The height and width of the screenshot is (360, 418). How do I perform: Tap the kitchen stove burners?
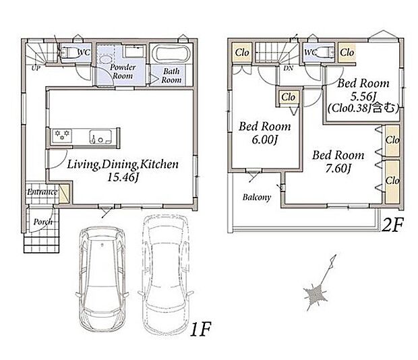coord(62,135)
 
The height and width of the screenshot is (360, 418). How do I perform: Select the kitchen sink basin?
coord(100,136)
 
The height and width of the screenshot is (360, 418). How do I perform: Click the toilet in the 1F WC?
coord(68,53)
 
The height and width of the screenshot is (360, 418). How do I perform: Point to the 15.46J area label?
coord(123,178)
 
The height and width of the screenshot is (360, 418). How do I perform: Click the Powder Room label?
coord(123,71)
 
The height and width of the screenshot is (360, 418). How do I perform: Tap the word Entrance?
coord(42,192)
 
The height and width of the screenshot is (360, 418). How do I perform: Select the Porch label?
coord(42,222)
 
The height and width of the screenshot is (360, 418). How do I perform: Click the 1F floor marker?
coord(200,330)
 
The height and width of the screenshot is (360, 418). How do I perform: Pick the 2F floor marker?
coord(393,225)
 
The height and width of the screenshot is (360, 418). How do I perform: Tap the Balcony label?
coord(257,197)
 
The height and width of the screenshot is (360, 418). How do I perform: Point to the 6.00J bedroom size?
coord(265,140)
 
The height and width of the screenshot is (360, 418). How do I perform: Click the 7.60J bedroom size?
coord(338,168)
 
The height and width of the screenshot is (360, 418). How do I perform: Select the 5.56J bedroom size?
coord(363,96)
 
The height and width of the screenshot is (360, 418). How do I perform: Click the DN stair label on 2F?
coord(288,68)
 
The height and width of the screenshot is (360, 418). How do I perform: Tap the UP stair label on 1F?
coord(36,68)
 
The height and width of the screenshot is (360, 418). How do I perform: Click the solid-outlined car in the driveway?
coord(102,279)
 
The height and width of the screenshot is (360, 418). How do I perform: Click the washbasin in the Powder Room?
coord(106,60)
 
